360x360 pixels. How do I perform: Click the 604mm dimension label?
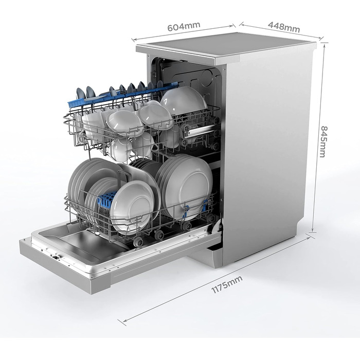pyautogui.click(x=184, y=26)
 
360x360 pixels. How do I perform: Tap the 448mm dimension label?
pyautogui.click(x=284, y=27)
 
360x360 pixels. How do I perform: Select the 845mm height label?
pyautogui.click(x=323, y=141)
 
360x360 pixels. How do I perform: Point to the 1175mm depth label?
pyautogui.click(x=227, y=284)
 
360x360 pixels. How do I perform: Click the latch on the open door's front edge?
pyautogui.click(x=56, y=257)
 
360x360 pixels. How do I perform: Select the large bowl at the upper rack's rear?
pyautogui.click(x=183, y=100)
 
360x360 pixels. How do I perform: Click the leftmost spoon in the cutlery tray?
pyautogui.click(x=80, y=94)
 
